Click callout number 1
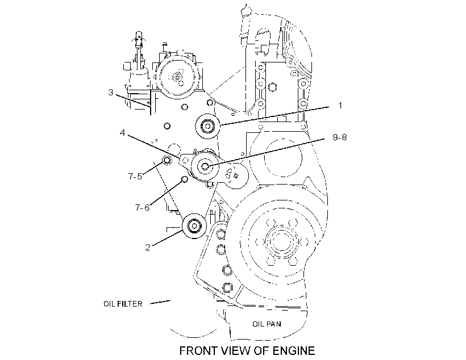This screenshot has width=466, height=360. [x=340, y=106]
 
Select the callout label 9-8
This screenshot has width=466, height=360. [x=340, y=137]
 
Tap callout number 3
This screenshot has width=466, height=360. [x=111, y=93]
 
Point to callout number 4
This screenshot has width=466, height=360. [x=122, y=132]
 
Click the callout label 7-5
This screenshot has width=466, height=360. [x=135, y=177]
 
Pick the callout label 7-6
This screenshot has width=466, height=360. [x=142, y=208]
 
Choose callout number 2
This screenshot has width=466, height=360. [x=148, y=248]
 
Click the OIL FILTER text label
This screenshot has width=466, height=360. [x=123, y=304]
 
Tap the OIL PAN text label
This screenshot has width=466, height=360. [x=267, y=324]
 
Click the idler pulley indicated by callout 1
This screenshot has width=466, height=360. [x=207, y=126]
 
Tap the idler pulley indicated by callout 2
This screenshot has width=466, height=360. [x=194, y=227]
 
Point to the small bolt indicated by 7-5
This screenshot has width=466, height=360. [x=167, y=161]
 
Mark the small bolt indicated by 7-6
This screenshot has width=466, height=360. [x=185, y=179]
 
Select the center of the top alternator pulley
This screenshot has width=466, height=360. [x=177, y=78]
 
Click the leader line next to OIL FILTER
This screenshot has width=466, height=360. [x=160, y=302]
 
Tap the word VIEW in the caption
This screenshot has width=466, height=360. [x=237, y=351]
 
